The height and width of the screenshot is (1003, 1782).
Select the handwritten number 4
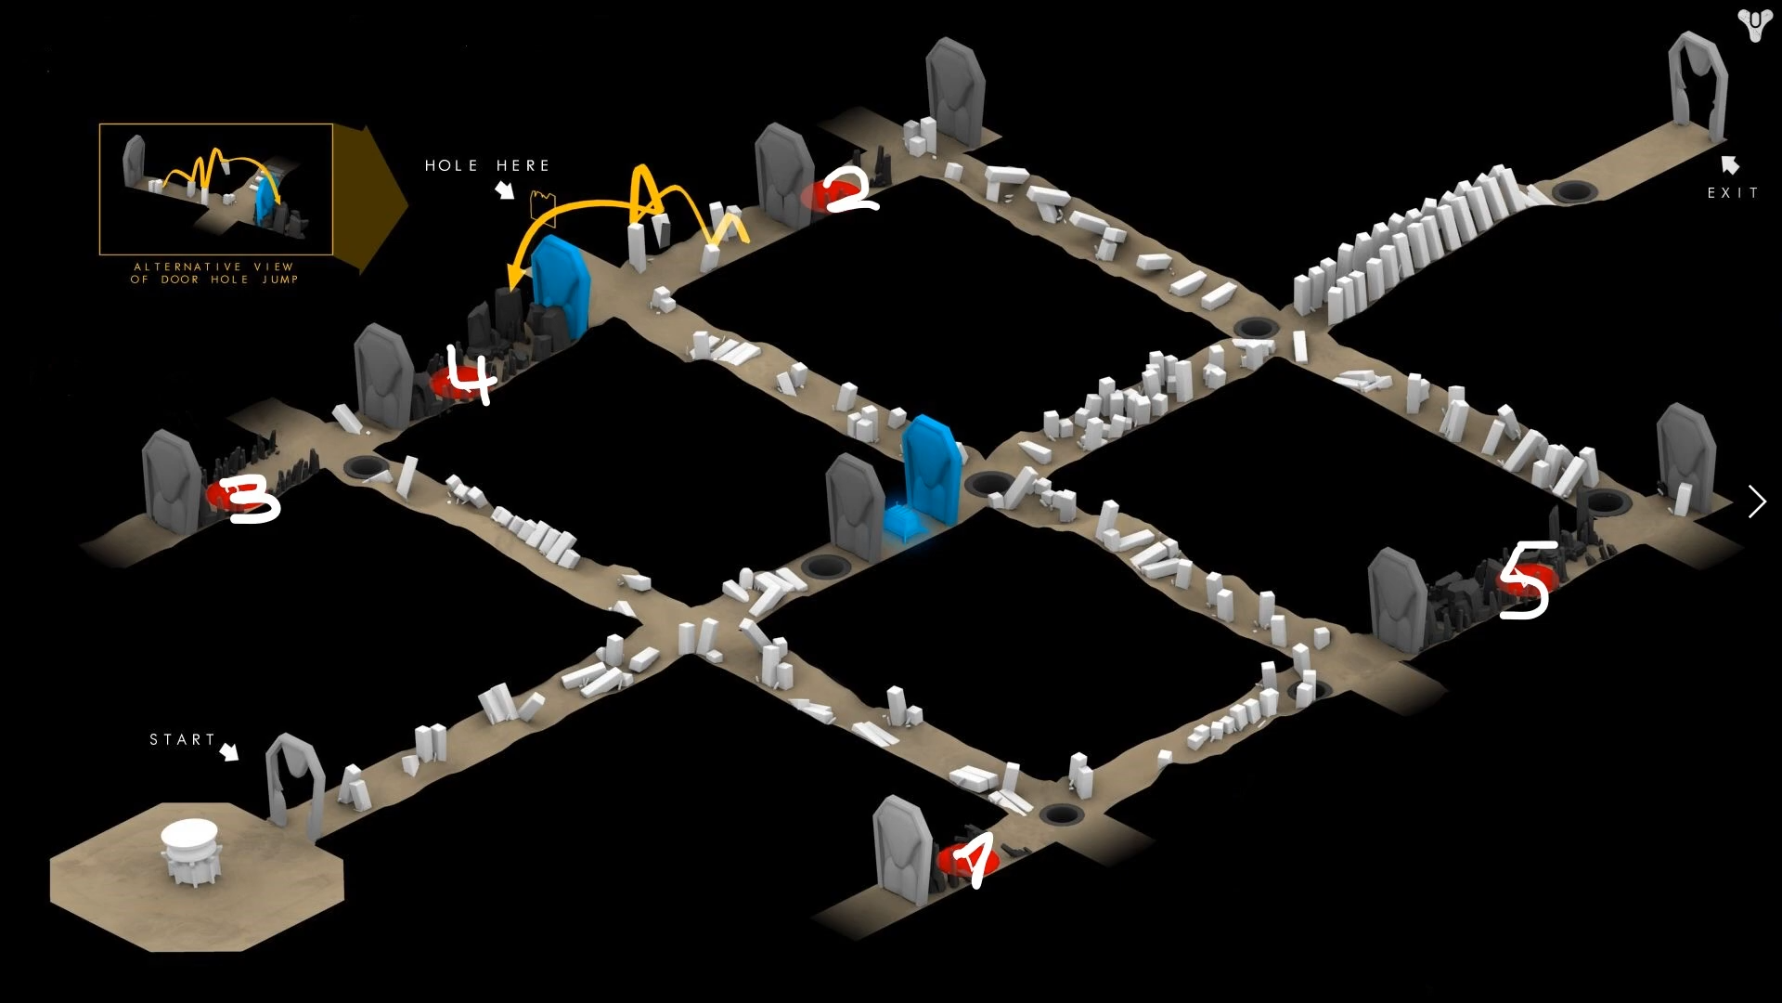471,373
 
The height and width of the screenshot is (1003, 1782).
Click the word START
182,739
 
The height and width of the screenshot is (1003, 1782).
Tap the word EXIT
1733,193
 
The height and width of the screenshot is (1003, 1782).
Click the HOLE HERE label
487,165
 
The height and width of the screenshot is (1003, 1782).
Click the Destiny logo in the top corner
1754,25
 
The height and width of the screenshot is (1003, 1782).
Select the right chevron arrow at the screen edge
1757,501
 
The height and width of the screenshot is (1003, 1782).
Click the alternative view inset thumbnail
216,189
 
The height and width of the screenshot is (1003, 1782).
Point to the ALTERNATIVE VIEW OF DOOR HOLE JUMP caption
214,272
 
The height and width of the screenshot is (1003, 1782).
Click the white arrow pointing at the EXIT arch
1729,165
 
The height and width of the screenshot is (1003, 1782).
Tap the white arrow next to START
228,751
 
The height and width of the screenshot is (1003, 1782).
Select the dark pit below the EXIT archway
1573,192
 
